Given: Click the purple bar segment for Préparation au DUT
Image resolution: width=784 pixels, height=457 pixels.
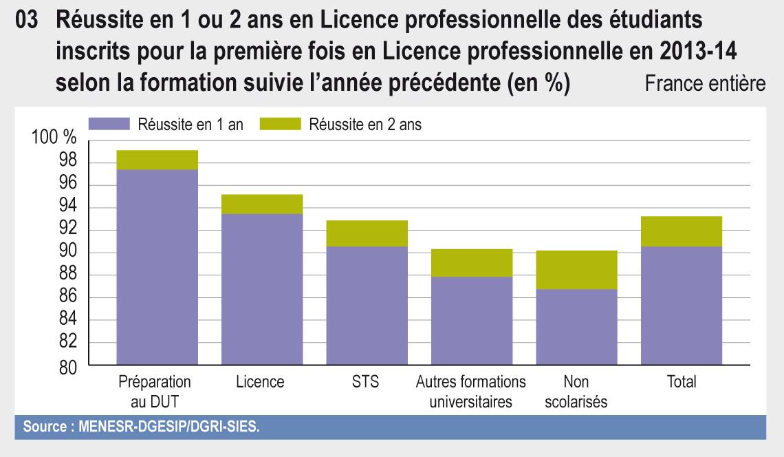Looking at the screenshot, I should coord(157,267).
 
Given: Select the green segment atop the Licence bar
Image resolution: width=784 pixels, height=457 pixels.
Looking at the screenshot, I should coord(262,204).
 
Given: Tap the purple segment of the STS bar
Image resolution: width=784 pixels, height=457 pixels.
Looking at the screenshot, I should coord(367,306).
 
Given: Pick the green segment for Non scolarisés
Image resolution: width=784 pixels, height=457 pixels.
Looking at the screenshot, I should coord(576,270).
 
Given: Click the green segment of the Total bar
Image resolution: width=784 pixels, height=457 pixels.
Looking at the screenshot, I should coord(681,231).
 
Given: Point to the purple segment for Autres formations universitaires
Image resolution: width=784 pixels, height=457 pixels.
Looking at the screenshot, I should coord(471,321).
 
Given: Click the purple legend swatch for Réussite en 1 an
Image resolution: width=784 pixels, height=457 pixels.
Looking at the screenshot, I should coord(109,125).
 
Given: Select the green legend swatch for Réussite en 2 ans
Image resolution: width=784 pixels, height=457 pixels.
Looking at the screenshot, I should coord(281,125).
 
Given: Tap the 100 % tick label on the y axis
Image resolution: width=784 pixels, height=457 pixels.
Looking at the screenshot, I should coord(54,138).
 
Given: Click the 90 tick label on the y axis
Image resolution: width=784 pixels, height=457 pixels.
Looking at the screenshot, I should coord(67,253).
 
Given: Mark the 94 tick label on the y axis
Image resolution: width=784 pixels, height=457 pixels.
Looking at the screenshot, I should coord(67,208).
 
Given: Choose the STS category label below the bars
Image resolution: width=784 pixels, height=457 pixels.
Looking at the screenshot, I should coord(365,382).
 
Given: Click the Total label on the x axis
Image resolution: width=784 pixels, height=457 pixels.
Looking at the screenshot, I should coord(681,382).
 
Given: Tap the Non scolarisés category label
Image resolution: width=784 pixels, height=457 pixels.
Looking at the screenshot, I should coord(576,392).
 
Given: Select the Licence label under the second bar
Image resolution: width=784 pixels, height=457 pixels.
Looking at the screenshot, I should coord(261,382).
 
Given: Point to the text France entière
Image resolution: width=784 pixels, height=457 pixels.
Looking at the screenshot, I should coord(704,85).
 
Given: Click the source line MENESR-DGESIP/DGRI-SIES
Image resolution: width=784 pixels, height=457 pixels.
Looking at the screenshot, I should coord(142,426).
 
